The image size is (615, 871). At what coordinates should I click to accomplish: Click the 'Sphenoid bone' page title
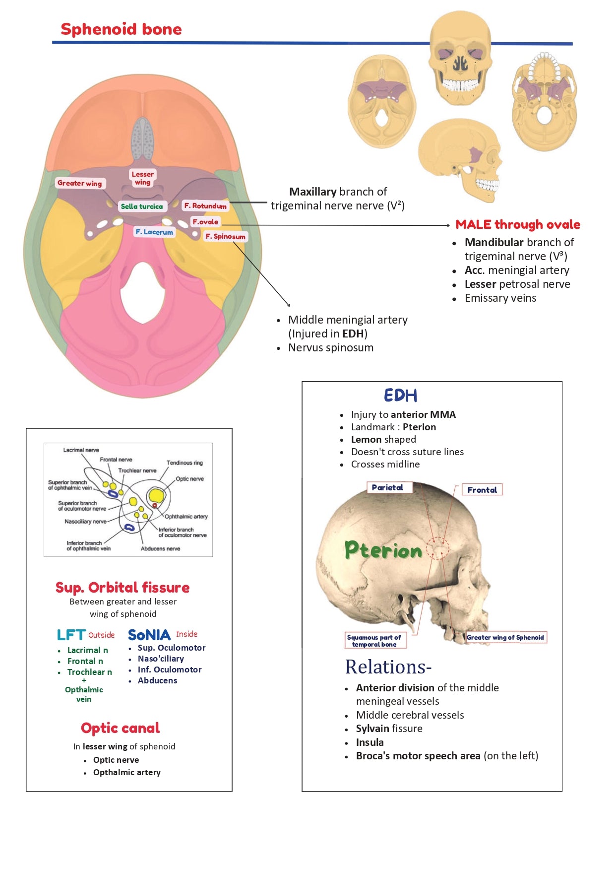(121, 29)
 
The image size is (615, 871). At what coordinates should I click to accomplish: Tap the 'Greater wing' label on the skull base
(79, 183)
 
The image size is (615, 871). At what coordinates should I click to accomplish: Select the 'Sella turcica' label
(142, 206)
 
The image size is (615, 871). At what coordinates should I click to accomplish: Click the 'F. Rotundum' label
(205, 205)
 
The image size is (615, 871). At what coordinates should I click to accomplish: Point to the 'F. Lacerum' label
(154, 232)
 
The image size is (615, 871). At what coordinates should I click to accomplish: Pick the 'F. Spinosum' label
(226, 236)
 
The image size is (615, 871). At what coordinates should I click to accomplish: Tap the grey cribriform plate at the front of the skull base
(143, 138)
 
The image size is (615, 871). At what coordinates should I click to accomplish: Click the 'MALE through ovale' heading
(518, 224)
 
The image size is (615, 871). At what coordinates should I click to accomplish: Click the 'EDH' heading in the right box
(401, 396)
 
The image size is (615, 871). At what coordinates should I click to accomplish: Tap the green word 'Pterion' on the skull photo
(383, 550)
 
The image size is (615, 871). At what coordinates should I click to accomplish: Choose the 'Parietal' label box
(388, 487)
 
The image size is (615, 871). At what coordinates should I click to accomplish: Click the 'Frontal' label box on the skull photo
(482, 490)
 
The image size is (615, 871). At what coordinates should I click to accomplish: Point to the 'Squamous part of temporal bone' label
(374, 640)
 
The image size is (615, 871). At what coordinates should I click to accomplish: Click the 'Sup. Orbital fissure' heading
(123, 588)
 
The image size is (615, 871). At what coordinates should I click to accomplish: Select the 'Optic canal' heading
(121, 728)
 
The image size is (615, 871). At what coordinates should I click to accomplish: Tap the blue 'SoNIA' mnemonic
(149, 635)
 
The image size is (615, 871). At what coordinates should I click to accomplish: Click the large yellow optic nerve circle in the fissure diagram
(156, 495)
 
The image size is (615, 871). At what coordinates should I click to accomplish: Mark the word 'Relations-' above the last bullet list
(388, 667)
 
